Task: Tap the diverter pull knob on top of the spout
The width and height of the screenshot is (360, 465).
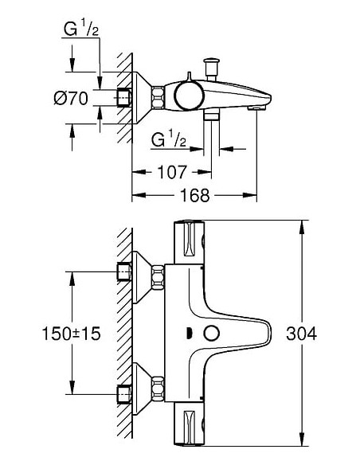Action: pyautogui.click(x=212, y=61)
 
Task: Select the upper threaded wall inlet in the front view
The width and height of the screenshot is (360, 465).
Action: pyautogui.click(x=124, y=272)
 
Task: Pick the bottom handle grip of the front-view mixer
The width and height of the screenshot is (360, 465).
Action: pyautogui.click(x=190, y=433)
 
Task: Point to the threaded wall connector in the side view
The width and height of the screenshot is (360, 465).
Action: pyautogui.click(x=124, y=100)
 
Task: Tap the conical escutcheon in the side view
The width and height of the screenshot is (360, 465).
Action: pyautogui.click(x=147, y=100)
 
